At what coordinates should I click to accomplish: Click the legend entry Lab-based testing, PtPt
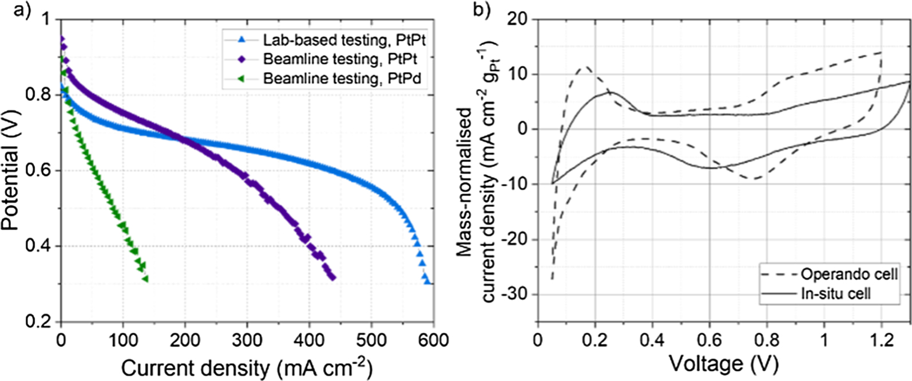coord(344,40)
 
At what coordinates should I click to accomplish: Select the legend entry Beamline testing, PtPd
coord(342,78)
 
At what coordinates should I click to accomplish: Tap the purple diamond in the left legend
coord(241,59)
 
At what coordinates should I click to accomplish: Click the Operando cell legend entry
coord(848,274)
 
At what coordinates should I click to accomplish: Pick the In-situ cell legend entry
coord(835,294)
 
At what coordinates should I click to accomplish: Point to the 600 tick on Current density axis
coord(433,340)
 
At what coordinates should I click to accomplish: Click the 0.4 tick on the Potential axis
coord(39,246)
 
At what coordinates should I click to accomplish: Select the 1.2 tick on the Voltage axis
coord(881,340)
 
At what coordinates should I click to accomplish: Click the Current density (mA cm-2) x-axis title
coord(247,367)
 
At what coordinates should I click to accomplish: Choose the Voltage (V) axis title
coord(723,363)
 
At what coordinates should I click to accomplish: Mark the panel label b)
coord(480,10)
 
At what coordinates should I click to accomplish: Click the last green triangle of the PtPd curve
coord(145,279)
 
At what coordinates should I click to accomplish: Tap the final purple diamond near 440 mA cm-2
coord(333,278)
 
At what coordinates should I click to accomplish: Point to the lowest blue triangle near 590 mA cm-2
coord(427,281)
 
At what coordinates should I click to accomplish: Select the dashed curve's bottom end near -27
coord(552,278)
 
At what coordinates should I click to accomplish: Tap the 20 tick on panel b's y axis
coord(517,19)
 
